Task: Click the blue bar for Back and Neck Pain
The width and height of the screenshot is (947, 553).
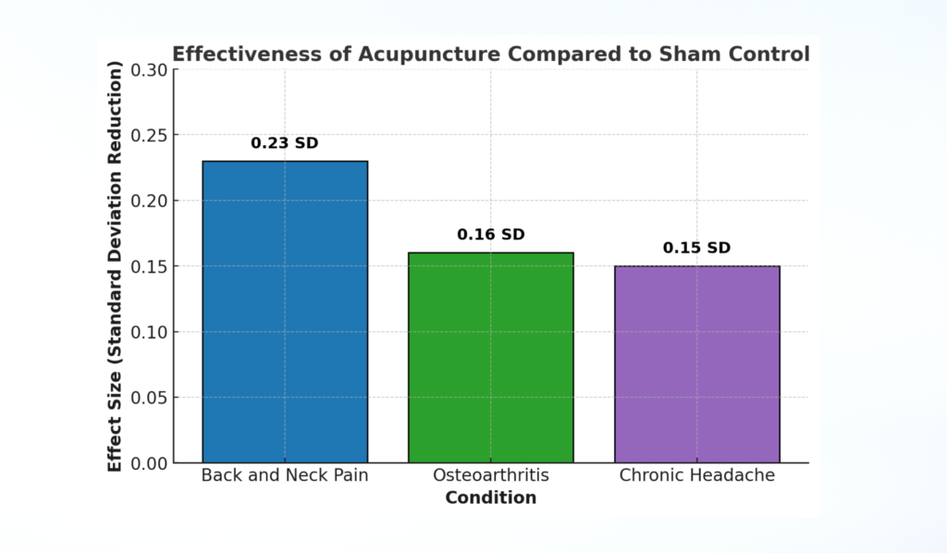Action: coord(285,312)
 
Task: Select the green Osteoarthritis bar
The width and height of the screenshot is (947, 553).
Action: coord(491,357)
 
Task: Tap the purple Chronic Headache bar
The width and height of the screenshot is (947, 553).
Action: coord(697,363)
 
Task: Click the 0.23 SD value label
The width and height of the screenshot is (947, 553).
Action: coord(285,143)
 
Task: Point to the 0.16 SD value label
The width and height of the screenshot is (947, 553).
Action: coord(491,235)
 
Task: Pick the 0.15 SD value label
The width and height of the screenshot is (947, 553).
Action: coord(697,248)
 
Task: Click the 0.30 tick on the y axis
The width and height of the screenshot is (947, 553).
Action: coord(149,70)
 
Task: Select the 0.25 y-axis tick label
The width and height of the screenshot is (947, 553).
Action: coord(149,136)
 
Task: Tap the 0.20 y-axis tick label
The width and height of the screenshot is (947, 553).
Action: coord(149,202)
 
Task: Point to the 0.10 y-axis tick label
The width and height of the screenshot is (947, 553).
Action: coord(149,332)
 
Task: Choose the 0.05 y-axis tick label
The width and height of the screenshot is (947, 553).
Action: coord(149,398)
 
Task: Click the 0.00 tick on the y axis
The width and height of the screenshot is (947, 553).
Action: coord(149,462)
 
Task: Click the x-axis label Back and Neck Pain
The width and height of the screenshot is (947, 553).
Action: coord(285,476)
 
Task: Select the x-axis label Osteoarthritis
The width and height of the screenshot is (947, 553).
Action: coord(491,476)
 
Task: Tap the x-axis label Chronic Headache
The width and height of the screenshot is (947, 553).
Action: coord(697,476)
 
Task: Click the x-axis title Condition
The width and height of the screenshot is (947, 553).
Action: coord(491,498)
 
